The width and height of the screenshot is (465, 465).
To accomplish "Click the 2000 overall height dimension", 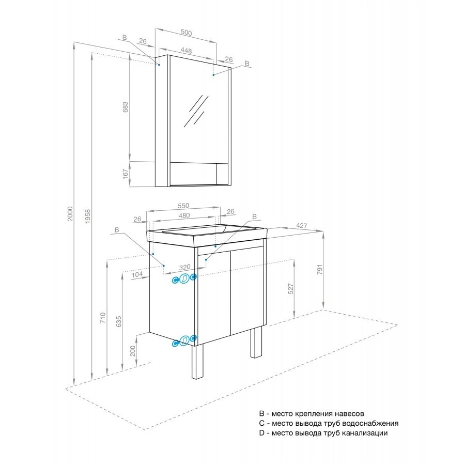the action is point(70,213).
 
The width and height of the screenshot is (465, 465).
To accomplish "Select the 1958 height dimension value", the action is point(88,216).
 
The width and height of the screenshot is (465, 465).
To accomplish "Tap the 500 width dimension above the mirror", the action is point(186,33).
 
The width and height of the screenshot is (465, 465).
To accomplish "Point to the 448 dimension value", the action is point(186,51).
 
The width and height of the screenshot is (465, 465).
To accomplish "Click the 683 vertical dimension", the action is point(126,107).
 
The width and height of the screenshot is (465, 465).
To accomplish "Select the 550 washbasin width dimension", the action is point(183,206).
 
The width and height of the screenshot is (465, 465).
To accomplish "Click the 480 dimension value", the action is point(184,215).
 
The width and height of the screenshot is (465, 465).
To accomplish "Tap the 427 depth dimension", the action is point(302,226).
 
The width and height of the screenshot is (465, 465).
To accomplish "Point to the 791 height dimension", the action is point(320,269).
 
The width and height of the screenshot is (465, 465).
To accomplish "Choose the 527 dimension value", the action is point(291,288).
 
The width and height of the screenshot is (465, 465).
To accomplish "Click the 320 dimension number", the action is point(185,267).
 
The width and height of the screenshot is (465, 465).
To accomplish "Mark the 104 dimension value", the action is point(137,275).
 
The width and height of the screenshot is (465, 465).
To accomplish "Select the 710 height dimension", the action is point(103,318).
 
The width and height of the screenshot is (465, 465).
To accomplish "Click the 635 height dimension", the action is point(119,321).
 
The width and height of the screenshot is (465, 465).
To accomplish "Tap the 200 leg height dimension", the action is point(133,351).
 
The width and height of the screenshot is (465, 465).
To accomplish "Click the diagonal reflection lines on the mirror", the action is point(196,111).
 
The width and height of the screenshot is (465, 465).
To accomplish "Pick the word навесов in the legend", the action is point(349,413).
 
